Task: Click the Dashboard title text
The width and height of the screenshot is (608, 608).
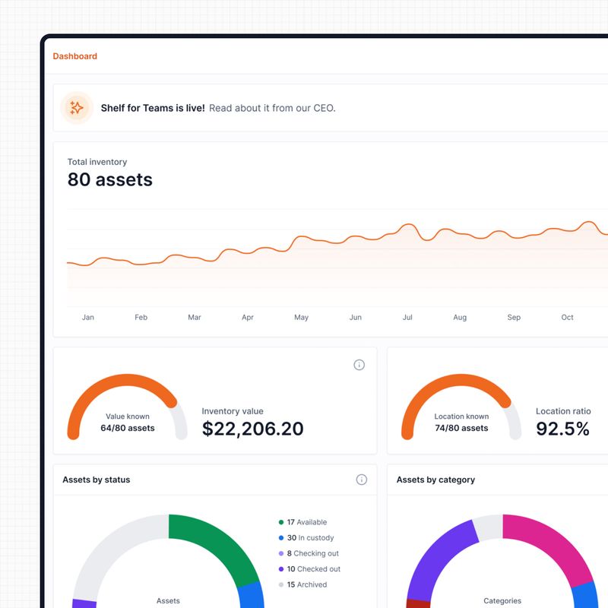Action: (x=74, y=56)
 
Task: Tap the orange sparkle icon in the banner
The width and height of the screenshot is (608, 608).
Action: (x=77, y=108)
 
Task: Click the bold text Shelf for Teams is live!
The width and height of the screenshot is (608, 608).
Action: (x=152, y=108)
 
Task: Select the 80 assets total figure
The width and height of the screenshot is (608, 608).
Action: (x=109, y=180)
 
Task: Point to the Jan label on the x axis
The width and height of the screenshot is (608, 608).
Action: (x=88, y=318)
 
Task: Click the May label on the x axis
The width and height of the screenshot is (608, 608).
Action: (x=301, y=318)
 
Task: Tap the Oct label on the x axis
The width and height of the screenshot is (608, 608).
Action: (x=567, y=318)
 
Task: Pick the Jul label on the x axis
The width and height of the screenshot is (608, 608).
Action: (x=407, y=318)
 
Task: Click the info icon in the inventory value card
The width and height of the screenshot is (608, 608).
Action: (x=359, y=365)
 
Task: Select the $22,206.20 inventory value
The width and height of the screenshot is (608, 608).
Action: (x=252, y=429)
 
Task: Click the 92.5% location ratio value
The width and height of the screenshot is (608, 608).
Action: (x=562, y=429)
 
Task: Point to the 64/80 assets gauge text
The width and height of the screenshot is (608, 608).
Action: (x=128, y=428)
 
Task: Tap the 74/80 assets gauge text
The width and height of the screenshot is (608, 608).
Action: (x=461, y=428)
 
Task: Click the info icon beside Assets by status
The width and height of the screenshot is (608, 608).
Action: (x=362, y=480)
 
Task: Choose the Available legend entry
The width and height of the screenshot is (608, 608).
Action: (x=306, y=522)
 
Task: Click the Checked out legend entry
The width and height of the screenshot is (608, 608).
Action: (x=313, y=569)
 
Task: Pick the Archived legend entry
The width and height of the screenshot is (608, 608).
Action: (x=307, y=584)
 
